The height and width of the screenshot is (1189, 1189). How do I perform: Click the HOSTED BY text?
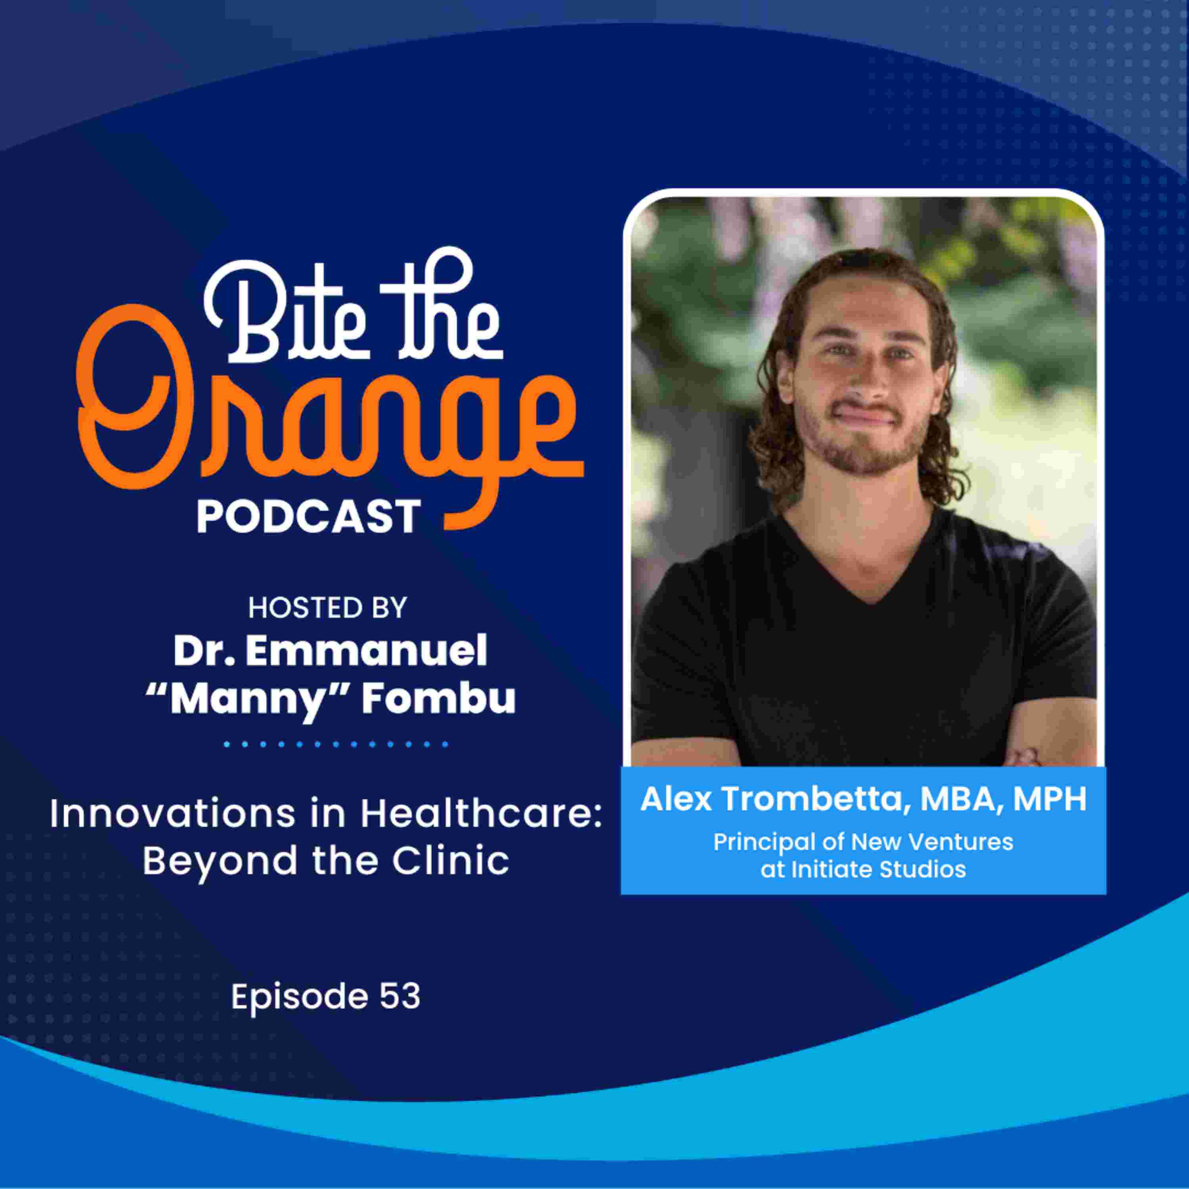(327, 608)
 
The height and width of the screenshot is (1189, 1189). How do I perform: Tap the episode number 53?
(400, 997)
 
